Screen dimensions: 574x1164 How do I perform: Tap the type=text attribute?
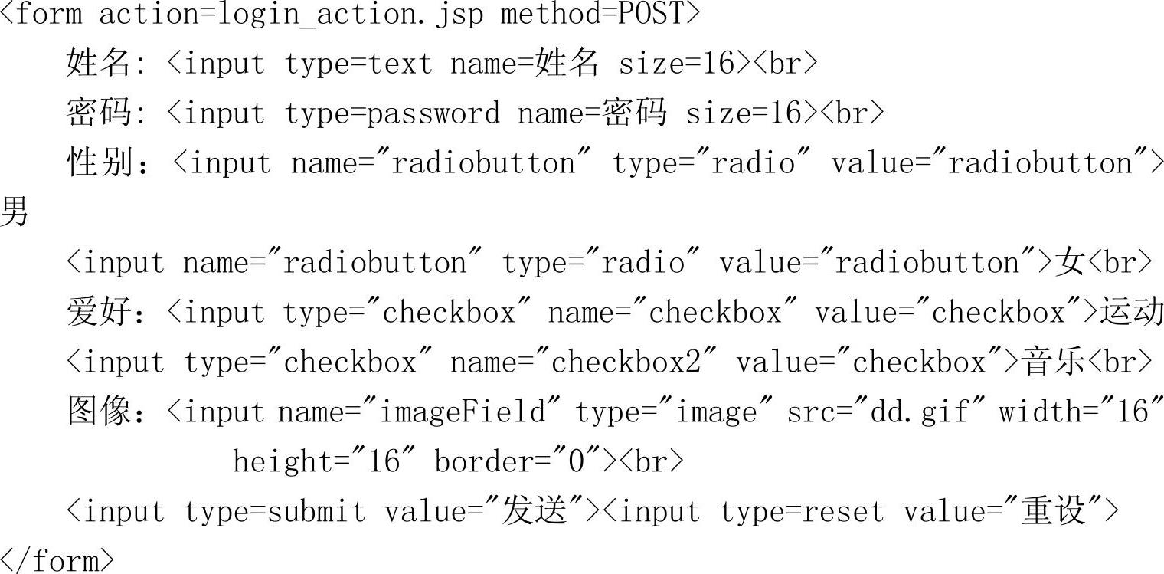[x=358, y=64]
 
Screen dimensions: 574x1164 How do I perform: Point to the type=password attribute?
[x=392, y=114]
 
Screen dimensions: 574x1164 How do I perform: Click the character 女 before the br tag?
[x=1070, y=263]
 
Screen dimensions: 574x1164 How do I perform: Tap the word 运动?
[x=1132, y=313]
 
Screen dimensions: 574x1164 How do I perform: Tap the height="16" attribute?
[x=325, y=462]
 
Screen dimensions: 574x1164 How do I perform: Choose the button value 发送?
[x=534, y=512]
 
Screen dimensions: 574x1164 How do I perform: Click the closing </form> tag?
[x=57, y=561]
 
